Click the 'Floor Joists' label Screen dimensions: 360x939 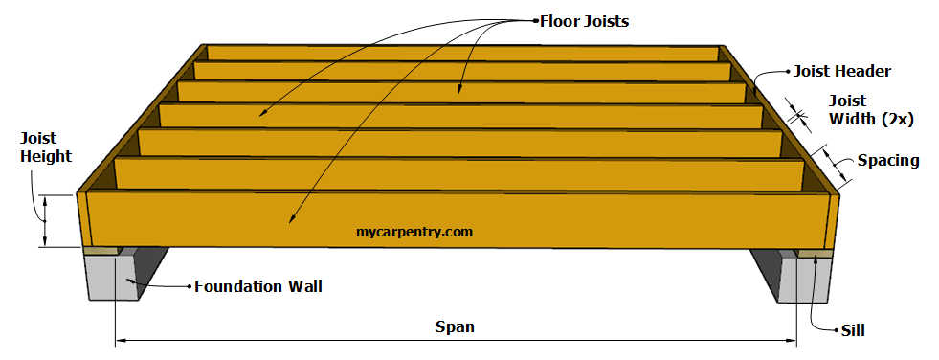(x=585, y=20)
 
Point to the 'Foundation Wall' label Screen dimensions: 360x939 (x=257, y=285)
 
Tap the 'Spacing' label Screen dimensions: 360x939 (x=888, y=160)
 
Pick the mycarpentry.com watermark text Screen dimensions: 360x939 (x=414, y=231)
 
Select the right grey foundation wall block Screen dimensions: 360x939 (x=812, y=277)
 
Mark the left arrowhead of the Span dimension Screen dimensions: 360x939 (x=120, y=339)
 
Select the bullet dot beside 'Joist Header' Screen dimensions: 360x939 (x=787, y=71)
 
